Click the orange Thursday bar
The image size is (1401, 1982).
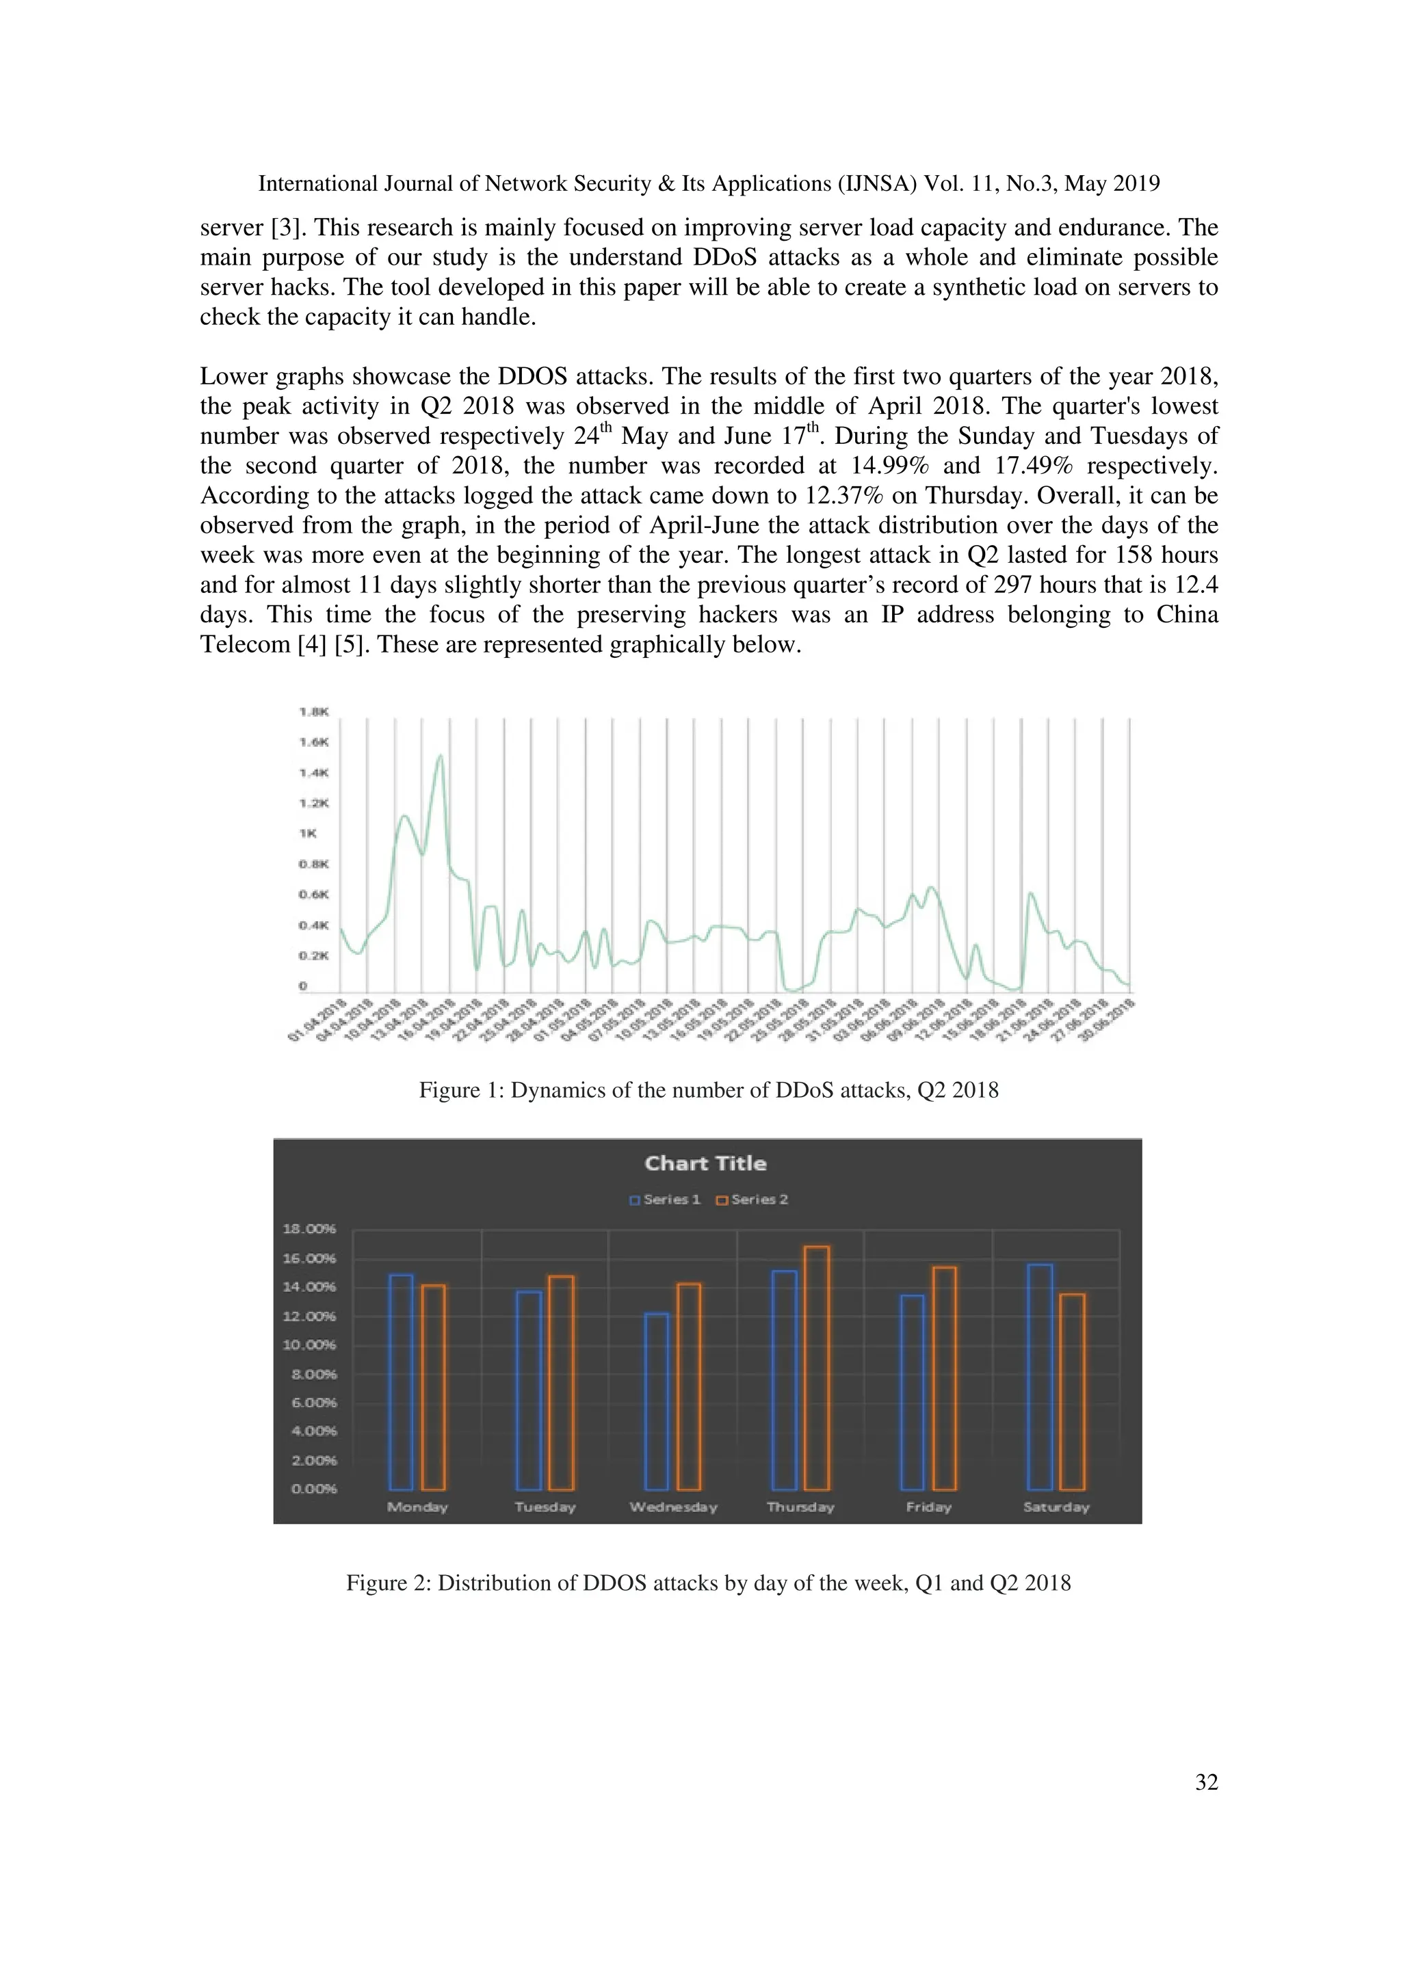[817, 1369]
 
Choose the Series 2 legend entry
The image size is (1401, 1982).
[752, 1199]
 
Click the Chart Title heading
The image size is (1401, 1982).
[705, 1163]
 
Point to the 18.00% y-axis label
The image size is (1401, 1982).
[309, 1228]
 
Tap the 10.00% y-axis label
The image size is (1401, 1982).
[309, 1345]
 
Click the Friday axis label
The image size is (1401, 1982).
[929, 1507]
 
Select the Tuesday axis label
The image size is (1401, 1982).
[545, 1507]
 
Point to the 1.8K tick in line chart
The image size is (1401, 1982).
[313, 711]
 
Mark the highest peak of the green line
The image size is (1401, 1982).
[441, 756]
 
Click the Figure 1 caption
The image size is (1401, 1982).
[708, 1090]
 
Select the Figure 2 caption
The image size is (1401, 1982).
[708, 1583]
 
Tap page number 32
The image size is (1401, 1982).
[1206, 1782]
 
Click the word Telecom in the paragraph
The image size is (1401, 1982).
[245, 645]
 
